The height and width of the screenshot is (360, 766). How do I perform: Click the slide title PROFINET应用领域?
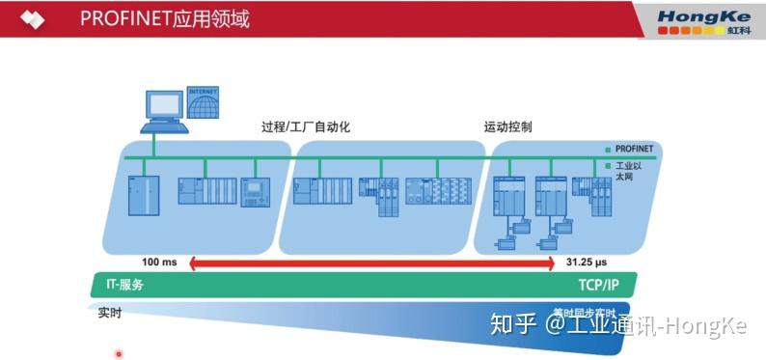(x=165, y=18)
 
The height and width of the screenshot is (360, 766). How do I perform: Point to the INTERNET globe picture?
(x=203, y=100)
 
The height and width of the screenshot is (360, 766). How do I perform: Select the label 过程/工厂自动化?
(x=305, y=127)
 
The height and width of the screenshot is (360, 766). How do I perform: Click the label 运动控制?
(x=507, y=127)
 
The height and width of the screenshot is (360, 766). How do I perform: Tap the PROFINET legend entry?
(x=633, y=150)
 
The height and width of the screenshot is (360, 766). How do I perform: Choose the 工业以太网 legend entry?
(x=628, y=171)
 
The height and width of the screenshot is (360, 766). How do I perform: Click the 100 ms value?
(x=160, y=262)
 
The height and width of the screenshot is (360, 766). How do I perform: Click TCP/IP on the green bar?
(x=598, y=285)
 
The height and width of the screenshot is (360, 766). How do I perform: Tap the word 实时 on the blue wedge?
(x=110, y=313)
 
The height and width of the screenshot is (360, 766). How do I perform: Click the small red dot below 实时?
(x=119, y=353)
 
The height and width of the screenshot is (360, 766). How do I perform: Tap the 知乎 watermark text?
(x=509, y=325)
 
